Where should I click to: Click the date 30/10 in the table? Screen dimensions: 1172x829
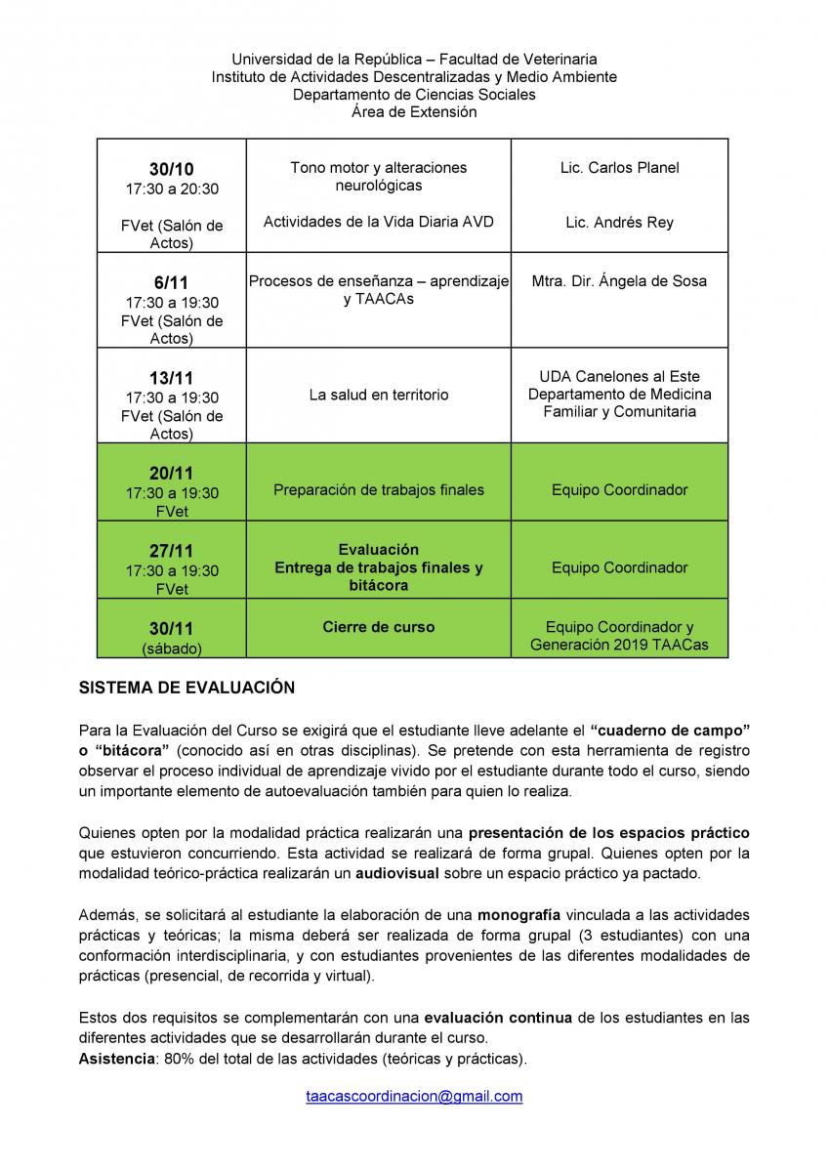171,169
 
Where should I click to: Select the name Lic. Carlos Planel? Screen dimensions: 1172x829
619,168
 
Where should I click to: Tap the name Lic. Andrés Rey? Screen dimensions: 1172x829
619,223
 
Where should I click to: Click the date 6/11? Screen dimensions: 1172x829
171,283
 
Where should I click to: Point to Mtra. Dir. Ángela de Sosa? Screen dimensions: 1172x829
619,281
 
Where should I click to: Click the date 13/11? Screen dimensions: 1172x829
171,378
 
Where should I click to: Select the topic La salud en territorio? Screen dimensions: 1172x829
379,396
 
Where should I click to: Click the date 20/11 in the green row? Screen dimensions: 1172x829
171,474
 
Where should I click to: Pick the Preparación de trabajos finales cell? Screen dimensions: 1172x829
379,490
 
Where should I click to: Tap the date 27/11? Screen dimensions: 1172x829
171,551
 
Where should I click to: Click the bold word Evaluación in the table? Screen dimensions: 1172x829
379,550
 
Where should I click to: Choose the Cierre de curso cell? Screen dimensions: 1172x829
379,627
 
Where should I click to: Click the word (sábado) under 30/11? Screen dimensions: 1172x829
171,648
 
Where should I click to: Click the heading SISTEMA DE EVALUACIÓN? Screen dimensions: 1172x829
187,688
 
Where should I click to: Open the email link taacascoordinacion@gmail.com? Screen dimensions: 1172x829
414,1097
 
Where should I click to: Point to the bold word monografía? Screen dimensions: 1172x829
518,915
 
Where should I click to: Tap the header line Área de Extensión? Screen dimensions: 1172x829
414,112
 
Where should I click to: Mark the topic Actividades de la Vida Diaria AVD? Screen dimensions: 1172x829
379,222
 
